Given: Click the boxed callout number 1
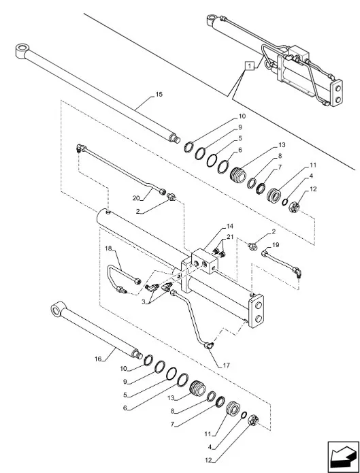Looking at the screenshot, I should click(250, 66).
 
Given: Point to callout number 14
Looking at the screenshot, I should click(230, 226).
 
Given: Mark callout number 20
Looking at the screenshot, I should click(135, 197).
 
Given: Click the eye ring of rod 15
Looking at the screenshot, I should click(22, 50).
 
